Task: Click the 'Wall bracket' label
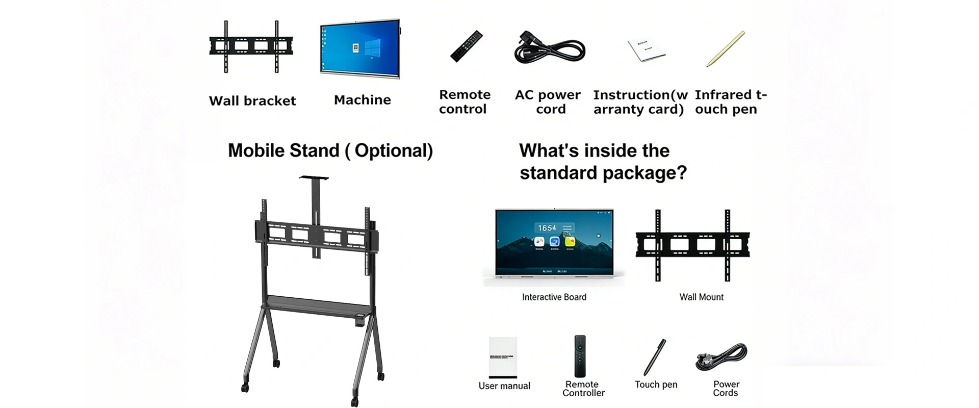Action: [x=252, y=100]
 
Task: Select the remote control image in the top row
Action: [x=466, y=46]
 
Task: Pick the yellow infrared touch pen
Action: [x=726, y=49]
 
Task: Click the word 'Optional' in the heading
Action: [x=393, y=151]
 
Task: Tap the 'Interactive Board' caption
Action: [x=554, y=297]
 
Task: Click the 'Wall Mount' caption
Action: [x=701, y=297]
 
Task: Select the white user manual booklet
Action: [x=503, y=357]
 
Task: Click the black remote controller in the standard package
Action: [x=580, y=356]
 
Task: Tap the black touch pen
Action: [x=655, y=357]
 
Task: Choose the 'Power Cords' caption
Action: [x=726, y=389]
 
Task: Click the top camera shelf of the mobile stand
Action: [x=313, y=177]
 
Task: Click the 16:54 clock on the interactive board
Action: [x=547, y=228]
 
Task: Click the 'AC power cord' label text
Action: [x=548, y=102]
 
